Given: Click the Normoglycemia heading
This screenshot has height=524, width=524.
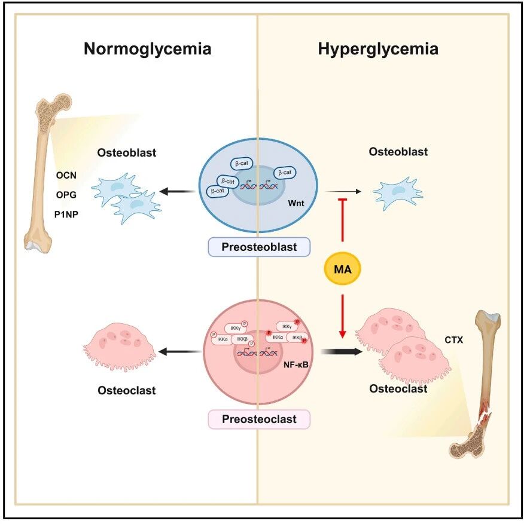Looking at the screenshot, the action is (x=148, y=49).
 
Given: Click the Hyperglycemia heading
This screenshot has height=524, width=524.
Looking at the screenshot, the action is (x=378, y=49).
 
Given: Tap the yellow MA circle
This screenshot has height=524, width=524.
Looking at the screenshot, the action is (x=342, y=269).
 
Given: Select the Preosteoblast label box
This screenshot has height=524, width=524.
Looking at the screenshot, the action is (x=259, y=247).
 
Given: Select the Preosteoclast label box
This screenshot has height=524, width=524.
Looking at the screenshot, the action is (x=259, y=419).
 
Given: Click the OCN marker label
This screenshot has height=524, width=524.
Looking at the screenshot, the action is (x=66, y=175).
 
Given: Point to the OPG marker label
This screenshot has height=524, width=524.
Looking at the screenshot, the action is (x=66, y=195).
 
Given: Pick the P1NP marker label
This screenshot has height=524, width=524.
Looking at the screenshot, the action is (x=66, y=214).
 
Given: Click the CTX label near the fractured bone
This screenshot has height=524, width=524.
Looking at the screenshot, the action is (x=454, y=340).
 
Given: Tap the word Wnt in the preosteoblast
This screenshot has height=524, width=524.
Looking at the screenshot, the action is (x=296, y=203).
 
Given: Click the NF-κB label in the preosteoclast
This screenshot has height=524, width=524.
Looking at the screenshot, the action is (x=295, y=364).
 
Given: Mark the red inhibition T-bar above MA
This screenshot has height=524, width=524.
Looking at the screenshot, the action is (x=342, y=219).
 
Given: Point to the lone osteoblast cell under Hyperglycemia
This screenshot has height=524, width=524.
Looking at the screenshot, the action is (x=398, y=193).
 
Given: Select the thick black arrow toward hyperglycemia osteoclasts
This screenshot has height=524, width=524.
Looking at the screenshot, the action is (x=342, y=351).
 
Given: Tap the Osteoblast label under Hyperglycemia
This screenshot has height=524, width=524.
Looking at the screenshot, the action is (x=398, y=152).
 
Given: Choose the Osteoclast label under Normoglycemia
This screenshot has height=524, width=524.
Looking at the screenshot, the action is (x=126, y=390).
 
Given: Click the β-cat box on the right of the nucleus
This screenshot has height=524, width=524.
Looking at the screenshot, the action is (x=285, y=173).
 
